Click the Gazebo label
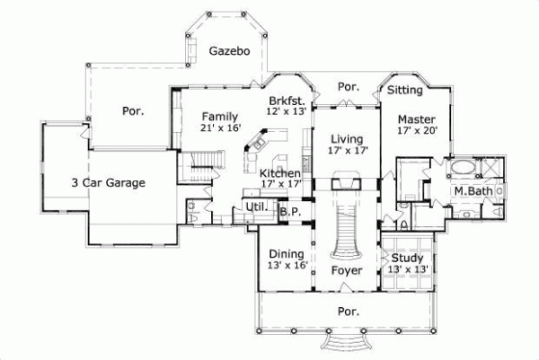click(x=229, y=51)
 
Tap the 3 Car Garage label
click(x=108, y=182)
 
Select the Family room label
click(x=219, y=117)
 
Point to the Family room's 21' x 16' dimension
click(x=219, y=128)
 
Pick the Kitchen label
click(x=279, y=172)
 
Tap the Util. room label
click(x=255, y=207)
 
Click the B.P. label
click(x=289, y=212)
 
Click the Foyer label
click(x=346, y=269)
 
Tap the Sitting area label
click(x=405, y=90)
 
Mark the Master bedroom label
click(x=417, y=119)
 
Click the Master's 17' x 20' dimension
click(x=417, y=130)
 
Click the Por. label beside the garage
click(x=133, y=111)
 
